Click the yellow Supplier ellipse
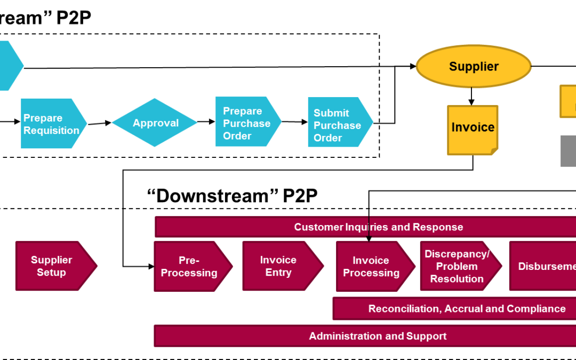pos(474,66)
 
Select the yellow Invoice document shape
pos(473,130)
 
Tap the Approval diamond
pos(155,123)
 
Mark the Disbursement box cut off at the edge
pos(544,266)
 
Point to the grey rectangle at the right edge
pos(569,151)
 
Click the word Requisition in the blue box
pos(51,131)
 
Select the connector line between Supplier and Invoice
pos(472,96)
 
